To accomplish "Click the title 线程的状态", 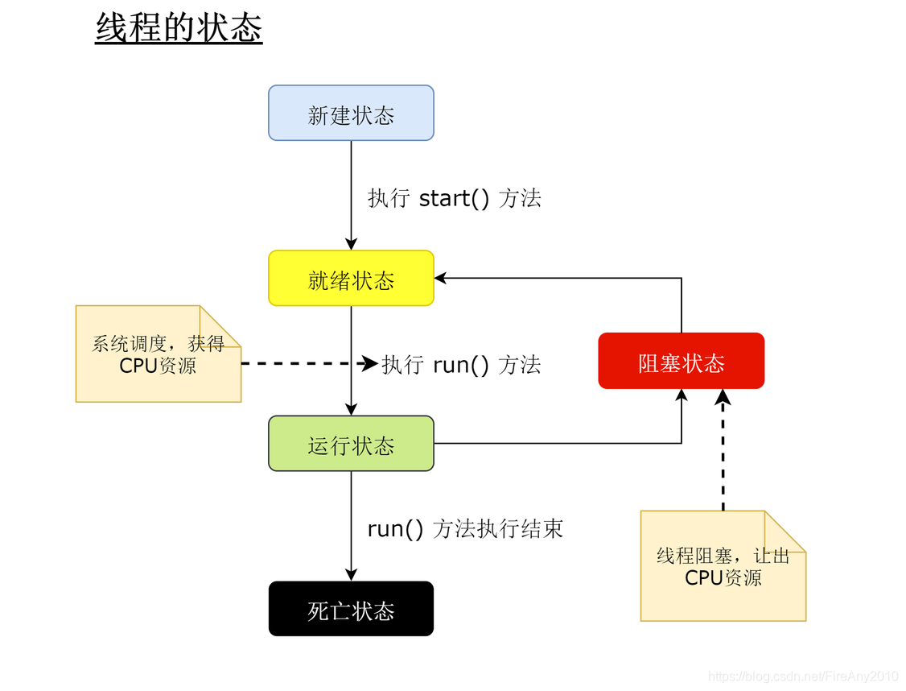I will pyautogui.click(x=179, y=28).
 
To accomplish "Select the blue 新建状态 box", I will pyautogui.click(x=351, y=114).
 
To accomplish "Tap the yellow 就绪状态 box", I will pyautogui.click(x=351, y=279).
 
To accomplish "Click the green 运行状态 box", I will pyautogui.click(x=351, y=444).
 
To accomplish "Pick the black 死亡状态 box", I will pyautogui.click(x=351, y=610).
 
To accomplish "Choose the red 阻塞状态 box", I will pyautogui.click(x=681, y=362).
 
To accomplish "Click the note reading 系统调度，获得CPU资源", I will pyautogui.click(x=158, y=354).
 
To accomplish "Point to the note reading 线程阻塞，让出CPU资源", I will pyautogui.click(x=723, y=566).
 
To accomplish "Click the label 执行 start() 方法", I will pyautogui.click(x=455, y=198).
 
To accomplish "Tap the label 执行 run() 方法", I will pyautogui.click(x=461, y=364).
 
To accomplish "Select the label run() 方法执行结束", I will pyautogui.click(x=465, y=529).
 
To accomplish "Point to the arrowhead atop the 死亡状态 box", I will pyautogui.click(x=351, y=574).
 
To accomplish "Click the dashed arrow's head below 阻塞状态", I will pyautogui.click(x=723, y=396).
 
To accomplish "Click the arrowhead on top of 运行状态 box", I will pyautogui.click(x=351, y=409).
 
